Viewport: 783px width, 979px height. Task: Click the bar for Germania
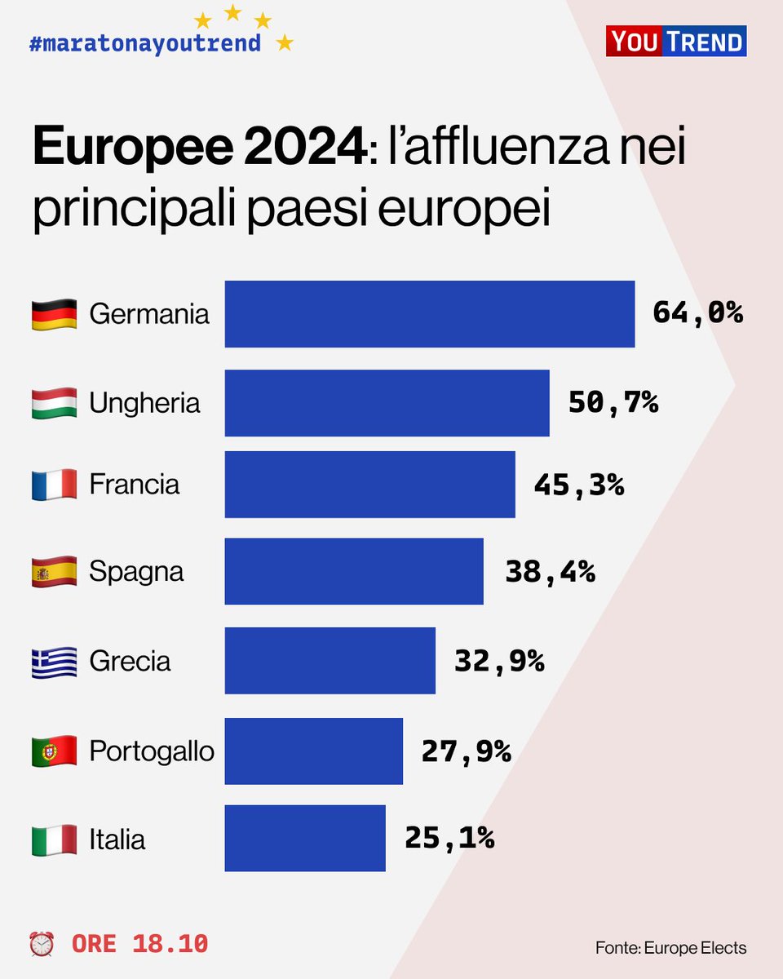[x=429, y=314]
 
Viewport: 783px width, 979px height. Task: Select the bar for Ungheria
[x=387, y=403]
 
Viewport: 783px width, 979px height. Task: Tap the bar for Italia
[x=305, y=838]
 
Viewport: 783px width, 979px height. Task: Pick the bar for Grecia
[x=330, y=660]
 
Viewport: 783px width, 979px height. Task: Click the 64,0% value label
[x=697, y=312]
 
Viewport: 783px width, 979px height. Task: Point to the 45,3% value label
[x=578, y=485]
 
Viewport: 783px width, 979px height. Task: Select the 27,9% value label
[x=466, y=751]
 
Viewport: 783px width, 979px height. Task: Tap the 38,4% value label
[x=550, y=572]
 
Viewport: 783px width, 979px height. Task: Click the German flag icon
[x=54, y=314]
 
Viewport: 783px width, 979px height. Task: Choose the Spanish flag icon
[x=54, y=572]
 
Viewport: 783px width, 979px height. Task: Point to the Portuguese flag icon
[x=54, y=751]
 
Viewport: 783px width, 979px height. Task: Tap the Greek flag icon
[x=54, y=661]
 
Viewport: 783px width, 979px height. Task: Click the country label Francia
[x=134, y=485]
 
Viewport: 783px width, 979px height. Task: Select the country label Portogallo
[x=152, y=751]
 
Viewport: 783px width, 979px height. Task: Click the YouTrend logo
[x=675, y=41]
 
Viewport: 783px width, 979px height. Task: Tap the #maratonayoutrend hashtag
[x=144, y=42]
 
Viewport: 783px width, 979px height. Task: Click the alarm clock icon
[x=42, y=944]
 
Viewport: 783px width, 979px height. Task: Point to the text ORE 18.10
[x=139, y=944]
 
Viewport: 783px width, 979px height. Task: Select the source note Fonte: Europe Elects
[x=670, y=947]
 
